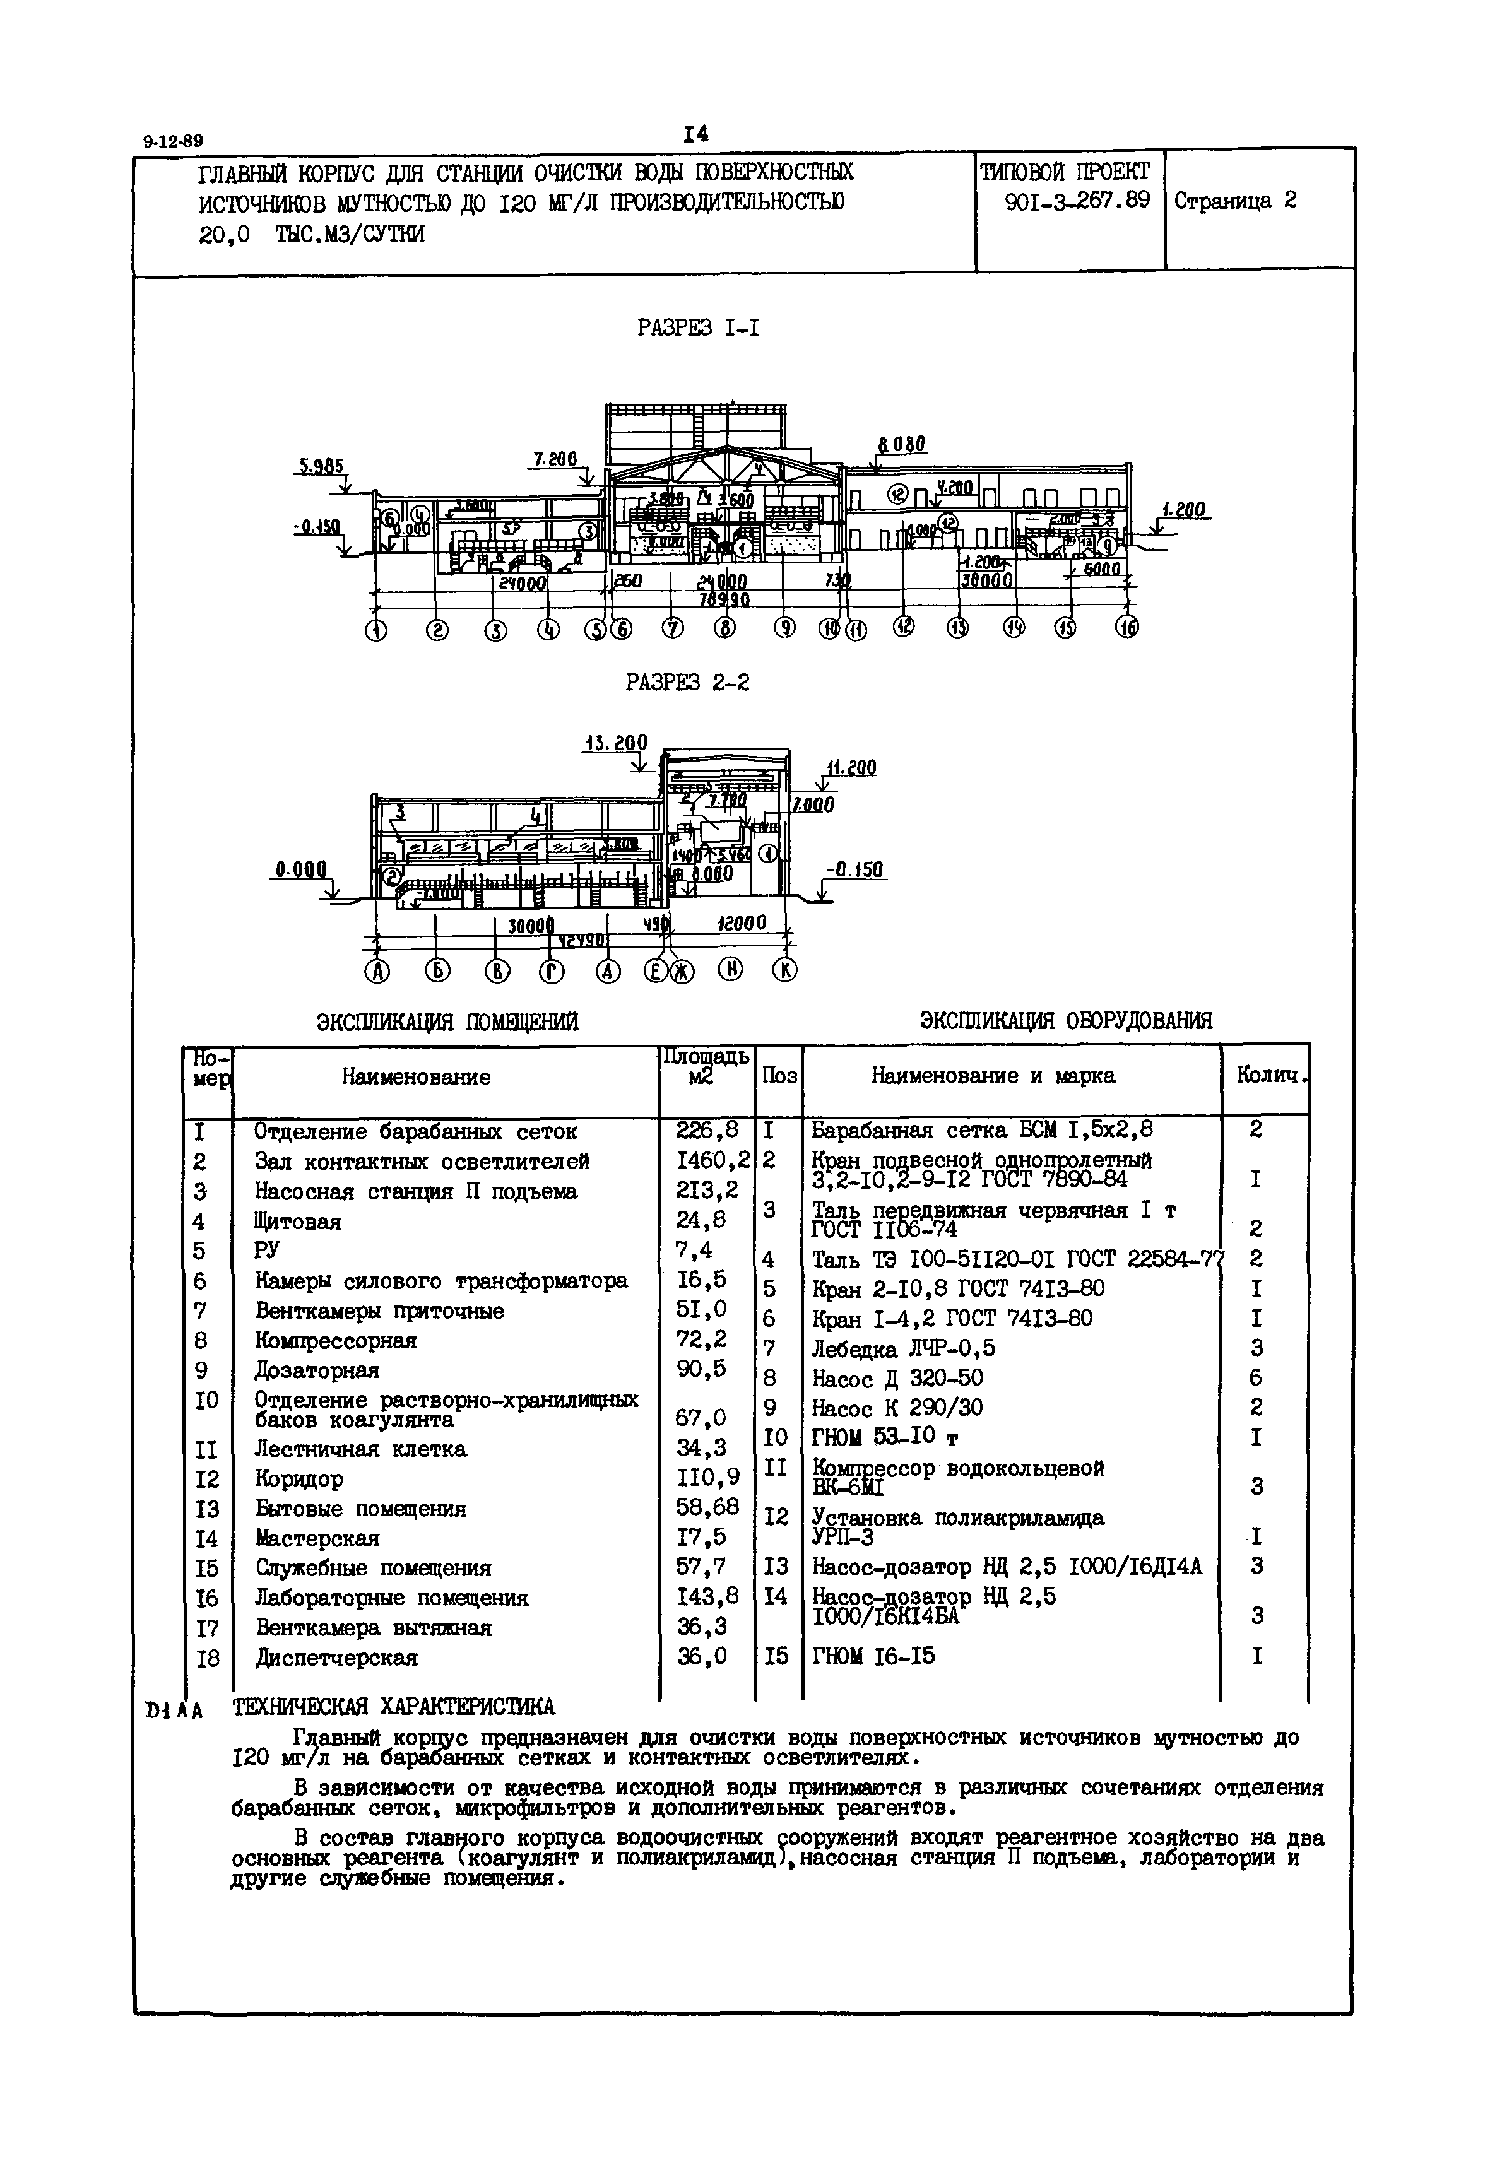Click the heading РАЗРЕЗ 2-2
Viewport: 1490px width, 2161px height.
pos(687,683)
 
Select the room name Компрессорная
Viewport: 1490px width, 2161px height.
pos(336,1341)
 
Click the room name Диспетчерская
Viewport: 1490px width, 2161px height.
pos(336,1658)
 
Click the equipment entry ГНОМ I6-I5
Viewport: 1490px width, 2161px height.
pos(874,1657)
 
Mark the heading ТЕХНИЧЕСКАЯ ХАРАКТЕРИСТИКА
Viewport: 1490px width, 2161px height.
pos(393,1707)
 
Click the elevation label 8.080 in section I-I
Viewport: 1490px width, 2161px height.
pos(901,445)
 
